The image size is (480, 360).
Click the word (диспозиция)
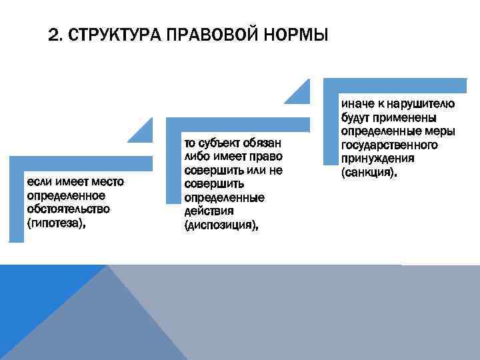coord(221,226)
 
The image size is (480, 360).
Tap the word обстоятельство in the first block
coord(69,209)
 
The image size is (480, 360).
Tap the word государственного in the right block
coord(389,145)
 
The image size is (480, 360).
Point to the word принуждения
coord(377,159)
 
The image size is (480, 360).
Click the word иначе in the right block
coord(355,103)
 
